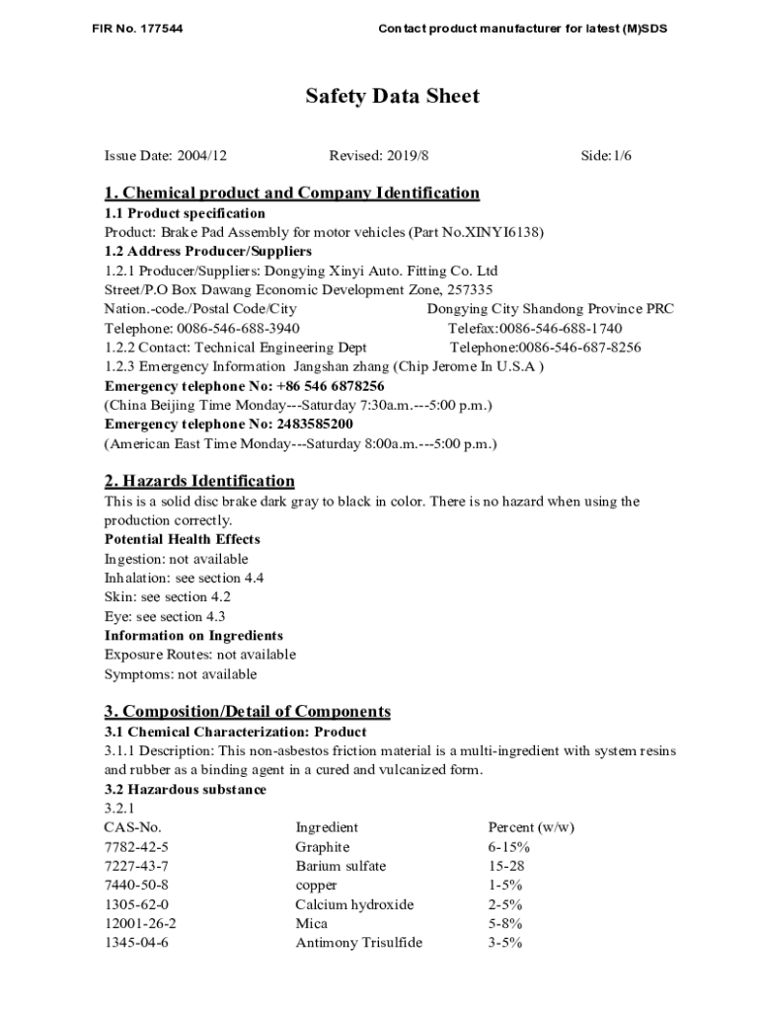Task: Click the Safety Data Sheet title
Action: click(392, 97)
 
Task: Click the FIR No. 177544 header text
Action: click(136, 29)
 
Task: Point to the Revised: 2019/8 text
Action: click(379, 156)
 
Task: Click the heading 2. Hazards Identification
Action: click(199, 481)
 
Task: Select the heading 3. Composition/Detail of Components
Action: click(247, 712)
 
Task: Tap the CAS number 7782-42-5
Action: click(136, 847)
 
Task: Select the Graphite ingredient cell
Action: click(322, 847)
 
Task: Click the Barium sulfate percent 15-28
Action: click(506, 866)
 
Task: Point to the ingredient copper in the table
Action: click(316, 886)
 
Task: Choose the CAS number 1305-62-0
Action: click(136, 904)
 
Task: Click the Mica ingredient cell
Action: click(311, 924)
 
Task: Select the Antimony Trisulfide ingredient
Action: click(358, 943)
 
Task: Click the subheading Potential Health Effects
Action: click(183, 539)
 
